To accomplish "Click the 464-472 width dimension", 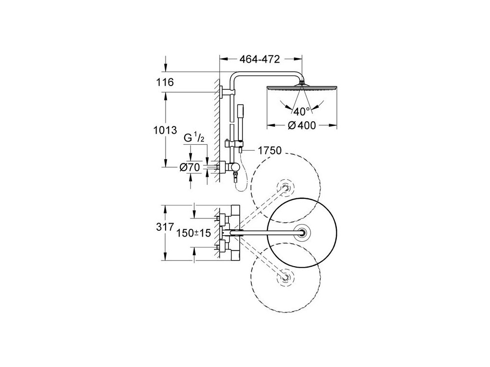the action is [x=259, y=59].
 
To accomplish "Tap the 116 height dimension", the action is [x=165, y=82].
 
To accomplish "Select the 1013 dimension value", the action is [x=165, y=130].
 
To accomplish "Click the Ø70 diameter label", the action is [x=189, y=168].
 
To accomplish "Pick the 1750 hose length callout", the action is [x=270, y=151].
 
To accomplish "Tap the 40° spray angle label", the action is [x=301, y=111].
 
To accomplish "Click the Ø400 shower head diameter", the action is [x=302, y=126].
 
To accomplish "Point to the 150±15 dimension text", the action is [x=194, y=233].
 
